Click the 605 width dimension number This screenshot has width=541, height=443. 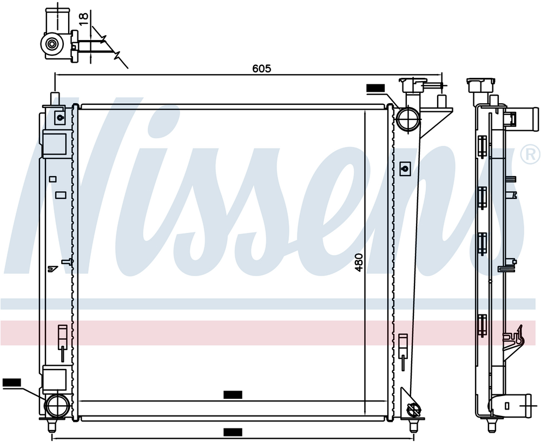(262, 69)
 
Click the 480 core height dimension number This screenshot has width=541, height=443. (359, 263)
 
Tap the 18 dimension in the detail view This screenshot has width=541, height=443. (84, 19)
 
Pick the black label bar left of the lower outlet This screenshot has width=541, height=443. (12, 382)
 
